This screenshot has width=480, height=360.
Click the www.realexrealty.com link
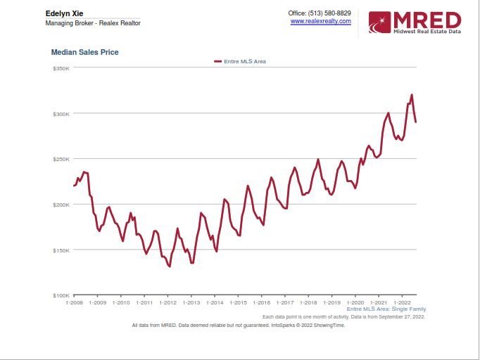tap(320, 21)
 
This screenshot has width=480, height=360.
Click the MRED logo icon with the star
tap(379, 22)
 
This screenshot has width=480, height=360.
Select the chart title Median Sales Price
tap(84, 52)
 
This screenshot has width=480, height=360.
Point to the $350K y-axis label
tap(61, 68)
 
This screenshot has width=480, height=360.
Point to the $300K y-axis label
tap(61, 114)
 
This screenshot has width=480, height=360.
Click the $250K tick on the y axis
tap(61, 159)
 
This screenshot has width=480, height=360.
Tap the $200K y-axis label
tap(61, 205)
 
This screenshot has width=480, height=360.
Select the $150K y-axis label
tap(61, 250)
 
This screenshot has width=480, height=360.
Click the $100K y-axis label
tap(61, 295)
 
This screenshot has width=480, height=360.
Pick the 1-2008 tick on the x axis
tap(74, 302)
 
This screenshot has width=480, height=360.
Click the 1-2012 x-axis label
tap(168, 302)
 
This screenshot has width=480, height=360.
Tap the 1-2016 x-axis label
tap(261, 302)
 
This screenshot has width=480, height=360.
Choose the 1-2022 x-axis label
tap(401, 302)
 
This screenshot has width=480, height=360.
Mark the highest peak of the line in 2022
tap(412, 95)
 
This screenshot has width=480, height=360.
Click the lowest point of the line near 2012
tap(170, 266)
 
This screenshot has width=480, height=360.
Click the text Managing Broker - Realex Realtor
tap(93, 23)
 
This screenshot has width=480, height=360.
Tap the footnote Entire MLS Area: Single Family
tap(386, 309)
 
